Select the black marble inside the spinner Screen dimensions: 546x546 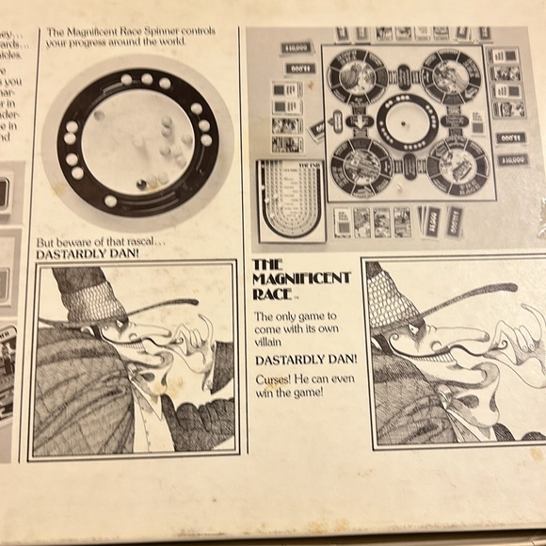point(142,184)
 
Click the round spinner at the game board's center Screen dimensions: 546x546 point(408,121)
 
